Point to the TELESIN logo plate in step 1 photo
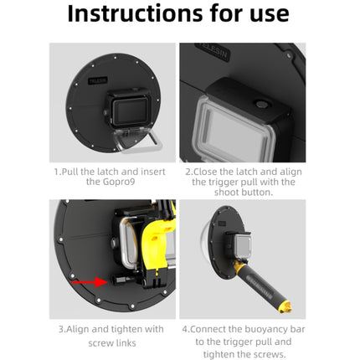click(98, 81)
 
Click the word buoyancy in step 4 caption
click(268, 329)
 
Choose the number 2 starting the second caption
click(186, 171)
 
